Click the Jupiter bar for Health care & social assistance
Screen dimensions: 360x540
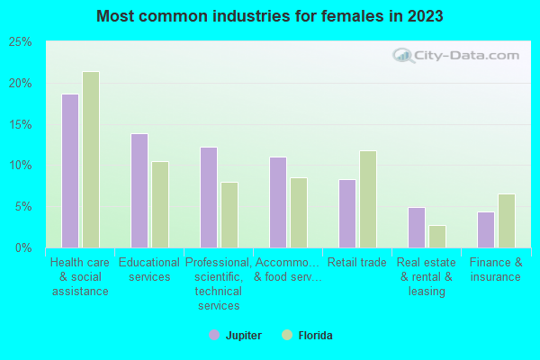pyautogui.click(x=69, y=171)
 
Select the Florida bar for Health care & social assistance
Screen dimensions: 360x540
pyautogui.click(x=90, y=159)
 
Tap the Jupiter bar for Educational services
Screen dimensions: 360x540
pyautogui.click(x=139, y=191)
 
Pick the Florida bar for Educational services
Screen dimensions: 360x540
pyautogui.click(x=159, y=204)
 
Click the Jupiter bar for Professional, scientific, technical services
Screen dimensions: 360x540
pyautogui.click(x=208, y=197)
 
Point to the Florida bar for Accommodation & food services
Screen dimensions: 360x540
pyautogui.click(x=298, y=212)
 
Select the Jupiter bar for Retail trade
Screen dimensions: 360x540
pyautogui.click(x=346, y=213)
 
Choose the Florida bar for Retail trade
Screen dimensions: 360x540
pyautogui.click(x=367, y=199)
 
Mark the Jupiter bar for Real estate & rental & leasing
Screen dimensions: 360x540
pyautogui.click(x=416, y=228)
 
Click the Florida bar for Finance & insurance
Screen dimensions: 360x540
pyautogui.click(x=506, y=220)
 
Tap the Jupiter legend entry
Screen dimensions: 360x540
pyautogui.click(x=236, y=336)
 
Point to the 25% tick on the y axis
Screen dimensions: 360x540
pyautogui.click(x=21, y=42)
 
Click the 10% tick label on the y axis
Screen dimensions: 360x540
pyautogui.click(x=21, y=166)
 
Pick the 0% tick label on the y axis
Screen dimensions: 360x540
pyautogui.click(x=24, y=247)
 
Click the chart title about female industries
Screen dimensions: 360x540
pyautogui.click(x=270, y=16)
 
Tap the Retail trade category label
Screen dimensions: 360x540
pyautogui.click(x=357, y=263)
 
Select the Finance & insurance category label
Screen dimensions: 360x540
pyautogui.click(x=496, y=270)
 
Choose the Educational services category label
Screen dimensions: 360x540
pyautogui.click(x=149, y=270)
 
